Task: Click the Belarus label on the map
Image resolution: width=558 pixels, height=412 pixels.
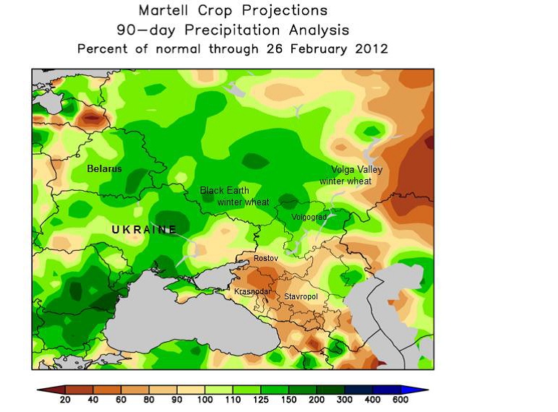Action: coord(104,168)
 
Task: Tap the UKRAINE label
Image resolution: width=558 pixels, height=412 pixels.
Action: coord(145,229)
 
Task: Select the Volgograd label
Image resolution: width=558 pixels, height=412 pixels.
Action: coord(309,217)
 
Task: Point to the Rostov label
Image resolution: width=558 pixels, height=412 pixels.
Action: coord(266,258)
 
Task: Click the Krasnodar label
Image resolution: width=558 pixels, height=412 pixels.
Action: coord(252,291)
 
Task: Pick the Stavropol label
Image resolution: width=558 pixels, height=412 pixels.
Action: coord(301,296)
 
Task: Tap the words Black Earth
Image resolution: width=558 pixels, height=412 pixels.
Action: coord(224,190)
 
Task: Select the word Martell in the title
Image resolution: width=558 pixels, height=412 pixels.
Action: coord(164,11)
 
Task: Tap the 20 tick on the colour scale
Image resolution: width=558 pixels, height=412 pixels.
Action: coord(65,400)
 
